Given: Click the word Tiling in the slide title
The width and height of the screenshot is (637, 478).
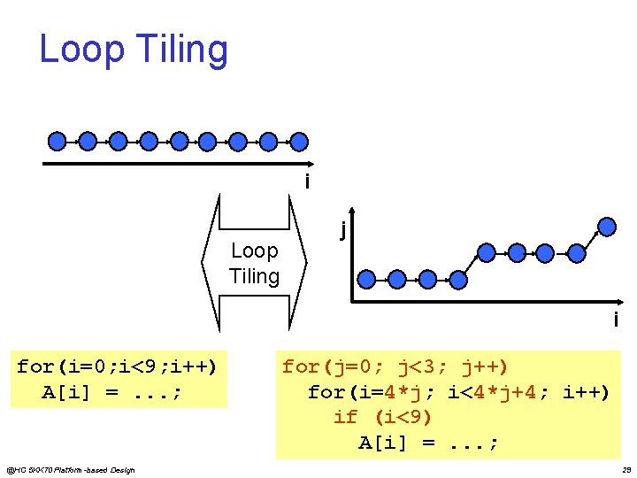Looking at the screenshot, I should [x=182, y=50].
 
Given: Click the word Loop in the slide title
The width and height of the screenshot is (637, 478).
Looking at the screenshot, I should [x=83, y=50].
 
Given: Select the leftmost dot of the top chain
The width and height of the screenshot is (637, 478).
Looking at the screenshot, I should [x=57, y=141].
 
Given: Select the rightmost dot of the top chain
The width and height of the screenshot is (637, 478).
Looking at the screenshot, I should [x=300, y=141].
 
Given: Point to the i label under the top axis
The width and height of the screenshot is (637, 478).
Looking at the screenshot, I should [x=306, y=182].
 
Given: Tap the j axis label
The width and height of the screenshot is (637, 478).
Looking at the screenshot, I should [x=342, y=229].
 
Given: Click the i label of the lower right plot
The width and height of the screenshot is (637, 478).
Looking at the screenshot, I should [x=616, y=320].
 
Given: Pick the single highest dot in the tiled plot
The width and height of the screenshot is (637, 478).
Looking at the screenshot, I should [x=607, y=225].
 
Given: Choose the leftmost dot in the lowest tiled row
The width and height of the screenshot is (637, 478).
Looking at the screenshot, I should [x=366, y=280].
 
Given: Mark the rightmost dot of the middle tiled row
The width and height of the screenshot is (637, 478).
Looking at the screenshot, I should [x=577, y=253].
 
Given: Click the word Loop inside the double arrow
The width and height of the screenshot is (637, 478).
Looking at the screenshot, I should [x=254, y=251].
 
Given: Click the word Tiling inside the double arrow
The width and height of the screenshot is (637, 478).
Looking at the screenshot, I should [x=254, y=276].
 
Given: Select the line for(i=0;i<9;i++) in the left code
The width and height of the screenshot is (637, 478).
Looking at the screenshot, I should [x=117, y=366].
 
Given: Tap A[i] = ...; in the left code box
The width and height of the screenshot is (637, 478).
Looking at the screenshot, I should [x=112, y=392].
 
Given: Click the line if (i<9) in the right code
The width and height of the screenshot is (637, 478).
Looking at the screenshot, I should [x=382, y=417].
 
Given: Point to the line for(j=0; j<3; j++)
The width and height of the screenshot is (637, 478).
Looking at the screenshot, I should [x=395, y=366].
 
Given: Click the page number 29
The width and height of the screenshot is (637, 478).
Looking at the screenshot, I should [x=625, y=469].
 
